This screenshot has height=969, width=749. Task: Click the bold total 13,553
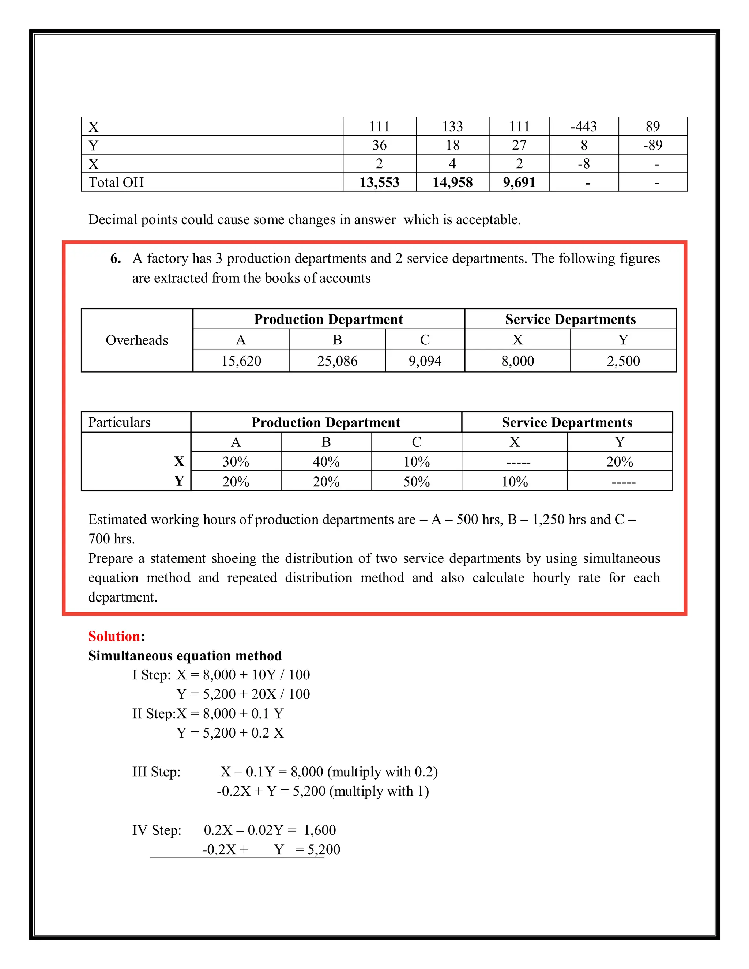coord(379,182)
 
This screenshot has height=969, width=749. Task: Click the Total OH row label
coord(116,182)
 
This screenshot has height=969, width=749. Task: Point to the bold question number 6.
coord(115,258)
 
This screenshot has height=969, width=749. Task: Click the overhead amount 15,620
coord(241,361)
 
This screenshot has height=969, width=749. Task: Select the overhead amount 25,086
coord(337,361)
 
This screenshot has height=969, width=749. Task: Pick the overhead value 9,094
coord(425,361)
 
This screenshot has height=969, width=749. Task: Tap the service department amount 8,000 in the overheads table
coord(517,361)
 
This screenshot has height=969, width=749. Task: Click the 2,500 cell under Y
coord(623,361)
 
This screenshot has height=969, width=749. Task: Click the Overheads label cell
coord(137,340)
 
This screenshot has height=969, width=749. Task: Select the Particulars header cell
coord(119,422)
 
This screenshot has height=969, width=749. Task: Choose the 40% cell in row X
coord(326,462)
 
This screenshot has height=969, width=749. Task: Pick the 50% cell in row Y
coord(416,482)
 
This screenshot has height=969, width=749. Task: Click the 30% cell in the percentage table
coord(236,462)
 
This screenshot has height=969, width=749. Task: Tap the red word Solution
coord(114,636)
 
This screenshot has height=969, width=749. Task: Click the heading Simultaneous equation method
coord(185,656)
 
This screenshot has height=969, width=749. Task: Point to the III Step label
coord(156,772)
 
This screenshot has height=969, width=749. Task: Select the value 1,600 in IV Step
coord(320,830)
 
